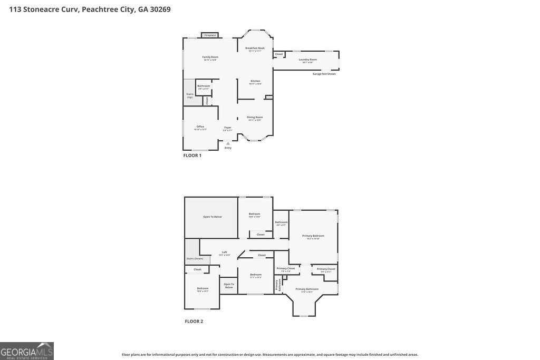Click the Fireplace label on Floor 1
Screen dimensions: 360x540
point(210,35)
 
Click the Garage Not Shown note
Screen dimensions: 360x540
point(324,74)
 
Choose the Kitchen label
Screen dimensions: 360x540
point(255,82)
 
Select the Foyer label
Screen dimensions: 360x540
point(227,128)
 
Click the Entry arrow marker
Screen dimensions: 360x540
point(228,143)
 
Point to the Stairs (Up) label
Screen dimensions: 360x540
point(189,95)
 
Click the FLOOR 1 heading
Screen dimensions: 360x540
point(192,155)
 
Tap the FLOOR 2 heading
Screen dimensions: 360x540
point(194,321)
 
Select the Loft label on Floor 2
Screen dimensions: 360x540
point(224,253)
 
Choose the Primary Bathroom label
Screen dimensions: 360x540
point(306,290)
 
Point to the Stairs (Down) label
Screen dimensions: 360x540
point(195,258)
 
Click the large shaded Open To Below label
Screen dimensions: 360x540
point(213,217)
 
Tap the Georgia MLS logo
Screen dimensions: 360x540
point(27,351)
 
